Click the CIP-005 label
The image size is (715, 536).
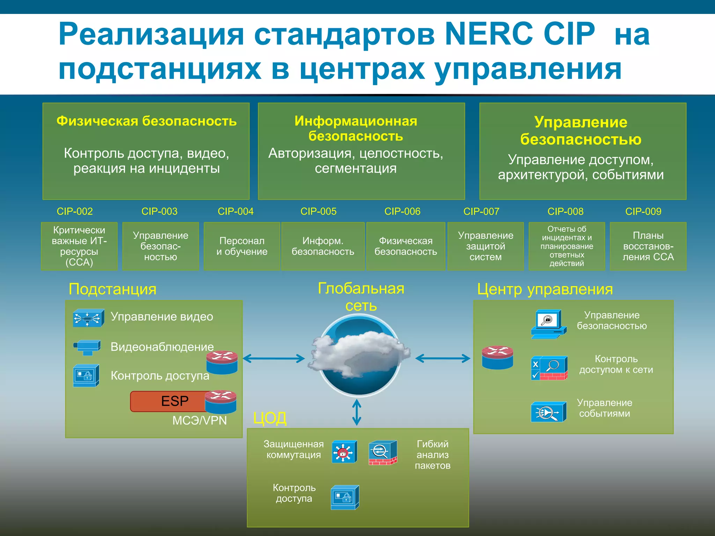318,211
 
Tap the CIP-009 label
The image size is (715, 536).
643,211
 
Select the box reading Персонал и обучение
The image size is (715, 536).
242,246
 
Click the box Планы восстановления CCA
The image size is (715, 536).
648,246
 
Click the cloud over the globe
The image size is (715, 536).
360,352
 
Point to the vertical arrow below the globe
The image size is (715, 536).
356,412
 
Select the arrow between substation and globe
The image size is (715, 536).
274,358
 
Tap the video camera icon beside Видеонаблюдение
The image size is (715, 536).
87,347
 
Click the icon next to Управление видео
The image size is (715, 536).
88,318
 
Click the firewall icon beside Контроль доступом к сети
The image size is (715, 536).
549,368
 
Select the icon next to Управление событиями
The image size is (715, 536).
548,412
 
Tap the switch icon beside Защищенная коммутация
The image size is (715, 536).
344,452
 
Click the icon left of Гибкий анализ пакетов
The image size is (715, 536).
383,453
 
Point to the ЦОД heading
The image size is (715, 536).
270,418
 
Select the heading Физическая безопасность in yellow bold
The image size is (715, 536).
146,121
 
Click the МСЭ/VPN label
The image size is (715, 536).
199,420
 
